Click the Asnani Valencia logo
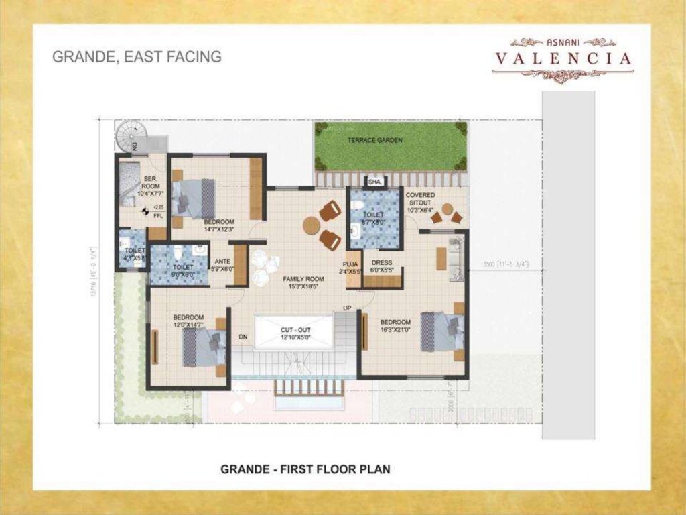pyautogui.click(x=563, y=59)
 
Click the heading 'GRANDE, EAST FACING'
pyautogui.click(x=137, y=57)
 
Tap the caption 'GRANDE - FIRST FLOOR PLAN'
pyautogui.click(x=305, y=469)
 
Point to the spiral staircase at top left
pyautogui.click(x=129, y=137)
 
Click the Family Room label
pyautogui.click(x=303, y=282)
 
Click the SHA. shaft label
pyautogui.click(x=375, y=182)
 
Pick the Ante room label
pyautogui.click(x=222, y=265)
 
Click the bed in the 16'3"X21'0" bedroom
pyautogui.click(x=442, y=331)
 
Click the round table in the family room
pyautogui.click(x=311, y=226)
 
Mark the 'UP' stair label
pyautogui.click(x=346, y=308)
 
